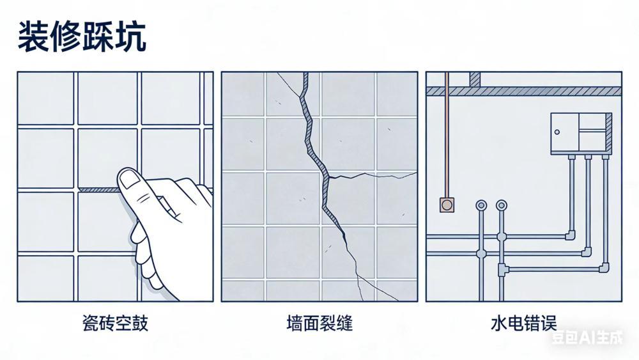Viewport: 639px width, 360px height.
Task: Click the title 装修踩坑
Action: (x=82, y=37)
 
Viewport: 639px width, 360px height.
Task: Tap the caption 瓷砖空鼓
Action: (x=115, y=324)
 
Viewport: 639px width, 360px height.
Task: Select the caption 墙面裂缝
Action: (x=319, y=324)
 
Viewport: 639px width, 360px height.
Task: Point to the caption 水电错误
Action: (x=524, y=324)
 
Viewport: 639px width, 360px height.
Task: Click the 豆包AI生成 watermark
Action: (x=587, y=337)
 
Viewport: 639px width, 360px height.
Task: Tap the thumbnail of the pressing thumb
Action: (x=130, y=179)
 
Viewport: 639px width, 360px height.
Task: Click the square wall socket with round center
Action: (x=447, y=204)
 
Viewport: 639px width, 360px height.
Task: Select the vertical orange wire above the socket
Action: (x=447, y=134)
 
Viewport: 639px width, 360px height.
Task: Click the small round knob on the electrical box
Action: (x=557, y=132)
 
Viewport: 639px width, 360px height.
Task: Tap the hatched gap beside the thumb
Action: (x=99, y=190)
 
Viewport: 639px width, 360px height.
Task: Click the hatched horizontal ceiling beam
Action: (x=524, y=91)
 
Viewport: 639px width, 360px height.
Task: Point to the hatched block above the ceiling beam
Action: (x=475, y=79)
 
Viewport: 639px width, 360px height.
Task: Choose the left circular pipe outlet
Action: (x=481, y=205)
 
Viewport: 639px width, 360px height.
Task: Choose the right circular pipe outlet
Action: (x=502, y=205)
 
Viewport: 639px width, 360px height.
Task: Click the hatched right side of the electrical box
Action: (x=608, y=134)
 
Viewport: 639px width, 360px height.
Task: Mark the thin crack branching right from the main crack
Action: (x=373, y=175)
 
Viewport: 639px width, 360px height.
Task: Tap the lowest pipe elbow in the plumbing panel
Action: (x=604, y=268)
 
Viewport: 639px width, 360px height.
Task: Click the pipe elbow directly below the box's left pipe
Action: (x=570, y=235)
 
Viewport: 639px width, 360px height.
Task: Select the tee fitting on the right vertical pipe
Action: (x=502, y=269)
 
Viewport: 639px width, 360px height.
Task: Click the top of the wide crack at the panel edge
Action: (x=305, y=74)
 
